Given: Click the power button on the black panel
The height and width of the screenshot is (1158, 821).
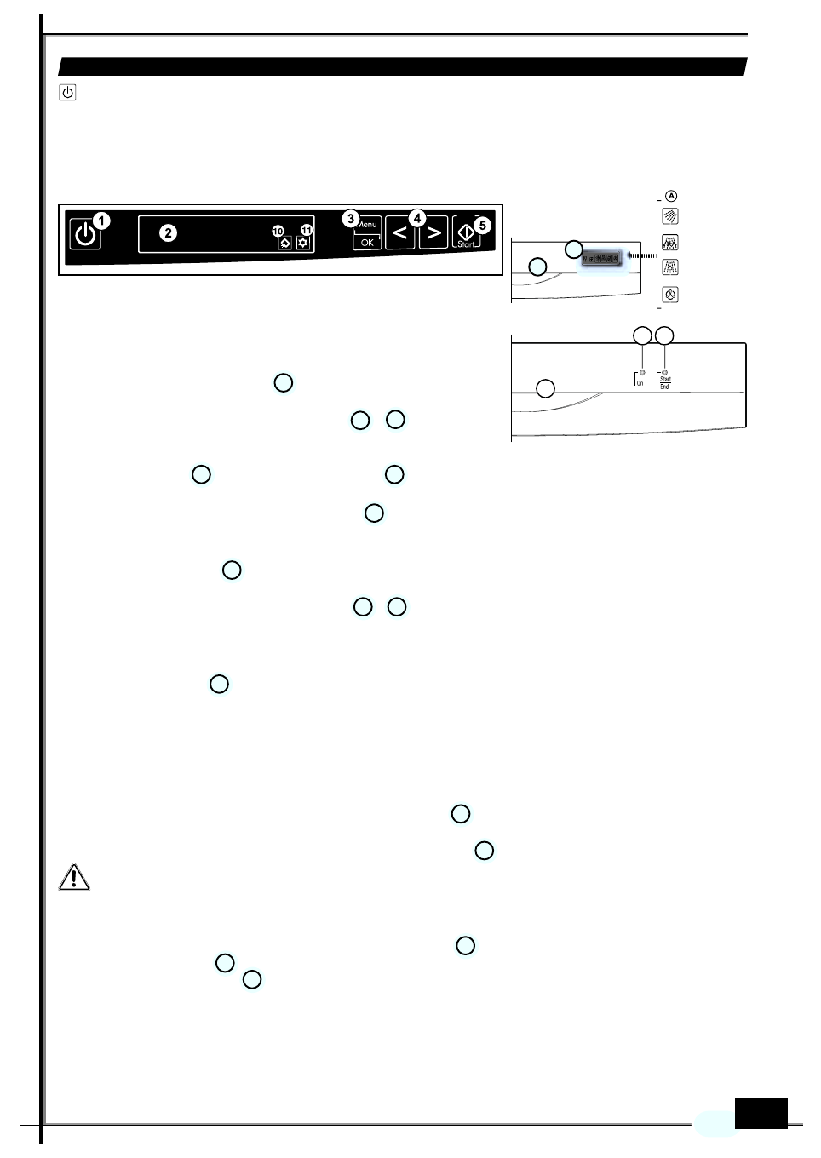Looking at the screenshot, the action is point(85,234).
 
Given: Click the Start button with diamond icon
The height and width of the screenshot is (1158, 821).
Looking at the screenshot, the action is point(466,232).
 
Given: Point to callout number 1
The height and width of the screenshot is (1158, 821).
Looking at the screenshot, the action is point(101,221).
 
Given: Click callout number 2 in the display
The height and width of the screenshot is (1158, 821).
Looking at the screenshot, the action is point(169,233).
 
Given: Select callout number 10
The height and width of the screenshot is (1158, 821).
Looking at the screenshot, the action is point(278,231).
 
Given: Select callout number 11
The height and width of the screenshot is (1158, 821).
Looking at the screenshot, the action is point(307,230).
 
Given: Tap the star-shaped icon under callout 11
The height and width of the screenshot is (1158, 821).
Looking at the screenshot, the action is point(303,244).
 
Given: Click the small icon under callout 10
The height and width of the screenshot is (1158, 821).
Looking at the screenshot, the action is point(285,244).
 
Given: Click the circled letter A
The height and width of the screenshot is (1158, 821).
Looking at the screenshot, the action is point(671,196).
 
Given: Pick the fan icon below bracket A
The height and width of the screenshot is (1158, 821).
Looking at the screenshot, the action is point(671,295).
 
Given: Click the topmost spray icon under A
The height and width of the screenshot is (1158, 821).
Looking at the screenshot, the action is point(671,217).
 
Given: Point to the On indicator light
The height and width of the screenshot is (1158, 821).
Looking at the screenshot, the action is point(642,373).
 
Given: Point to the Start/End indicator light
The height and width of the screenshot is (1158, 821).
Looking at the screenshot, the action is point(664,373).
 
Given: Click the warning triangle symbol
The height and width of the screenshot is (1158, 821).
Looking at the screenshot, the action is point(74,877).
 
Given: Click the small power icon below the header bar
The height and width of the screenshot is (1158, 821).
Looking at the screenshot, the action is point(68,92).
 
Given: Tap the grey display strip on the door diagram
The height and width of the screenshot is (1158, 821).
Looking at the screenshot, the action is point(601,258).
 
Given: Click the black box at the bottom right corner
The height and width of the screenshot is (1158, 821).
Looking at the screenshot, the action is point(761,1113).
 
